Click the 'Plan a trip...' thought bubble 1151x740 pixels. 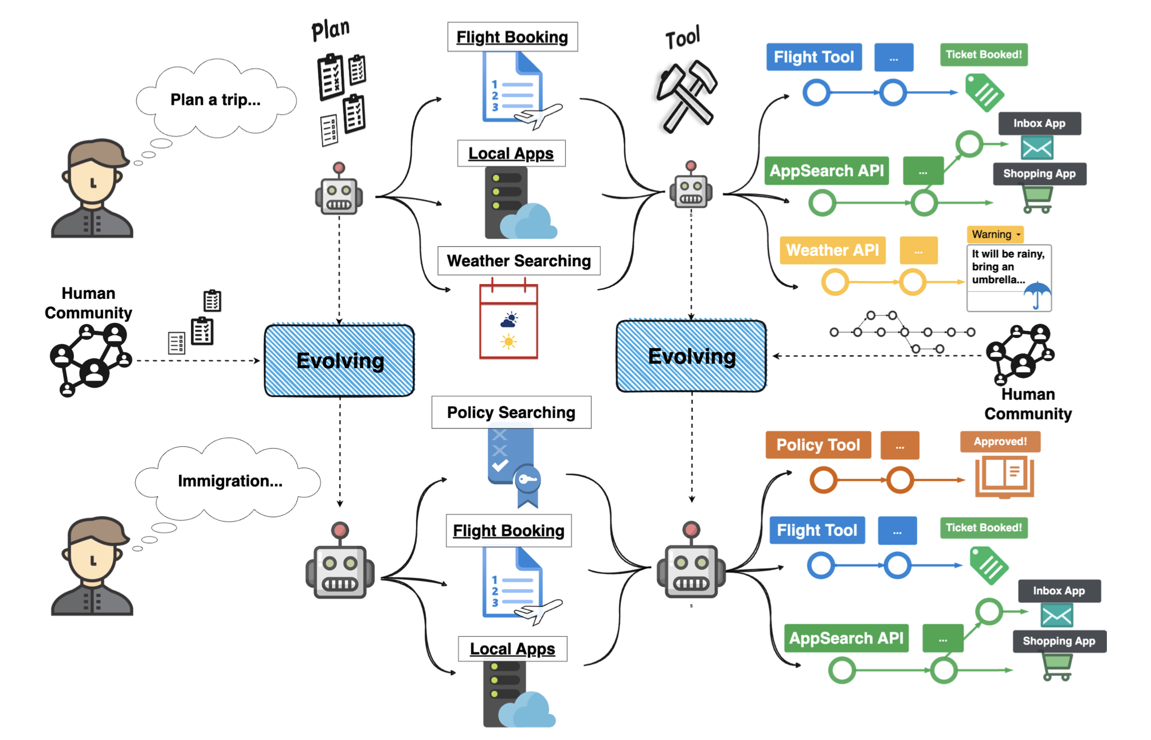coord(216,100)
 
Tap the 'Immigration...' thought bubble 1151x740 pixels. coord(229,481)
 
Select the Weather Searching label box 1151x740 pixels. coord(519,261)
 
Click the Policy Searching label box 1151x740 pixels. coord(511,412)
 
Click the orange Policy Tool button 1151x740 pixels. coord(818,445)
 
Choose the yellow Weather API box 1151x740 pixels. coord(832,251)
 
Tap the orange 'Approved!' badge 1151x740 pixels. coord(1000,442)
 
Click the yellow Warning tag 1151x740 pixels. coord(995,235)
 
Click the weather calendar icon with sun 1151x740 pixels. coord(508,321)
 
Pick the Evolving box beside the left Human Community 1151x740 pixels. coord(339,361)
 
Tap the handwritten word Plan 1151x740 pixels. coord(330,30)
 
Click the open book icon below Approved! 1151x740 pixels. coord(1004,476)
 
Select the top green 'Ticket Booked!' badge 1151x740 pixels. coord(984,55)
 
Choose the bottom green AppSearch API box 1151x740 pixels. coord(846,638)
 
